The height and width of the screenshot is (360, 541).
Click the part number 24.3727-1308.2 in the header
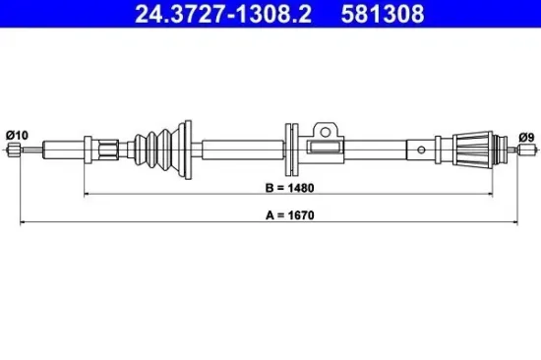click(x=223, y=14)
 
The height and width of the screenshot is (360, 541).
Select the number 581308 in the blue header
click(x=383, y=14)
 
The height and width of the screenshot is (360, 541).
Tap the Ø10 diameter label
click(x=17, y=136)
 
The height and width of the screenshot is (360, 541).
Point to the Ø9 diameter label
click(x=526, y=138)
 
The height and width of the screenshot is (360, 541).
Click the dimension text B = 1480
click(x=290, y=188)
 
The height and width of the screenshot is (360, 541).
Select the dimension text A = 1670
click(x=290, y=215)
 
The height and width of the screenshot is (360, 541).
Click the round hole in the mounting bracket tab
click(x=325, y=132)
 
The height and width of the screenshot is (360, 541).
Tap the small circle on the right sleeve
click(x=421, y=150)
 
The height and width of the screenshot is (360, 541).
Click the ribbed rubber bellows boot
click(x=157, y=150)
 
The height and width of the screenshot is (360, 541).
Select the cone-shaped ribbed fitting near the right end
click(x=473, y=150)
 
